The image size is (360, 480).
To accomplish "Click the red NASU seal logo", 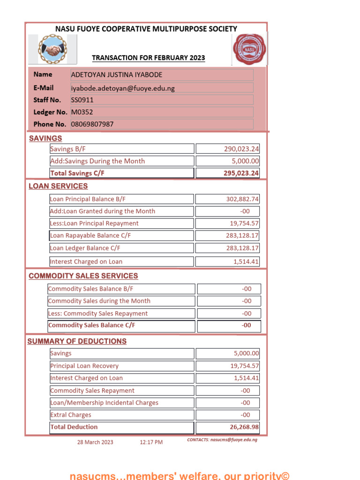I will (249, 49).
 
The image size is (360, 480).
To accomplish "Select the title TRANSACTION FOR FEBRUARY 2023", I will (149, 58).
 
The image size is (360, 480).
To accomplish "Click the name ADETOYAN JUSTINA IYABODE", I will (117, 75).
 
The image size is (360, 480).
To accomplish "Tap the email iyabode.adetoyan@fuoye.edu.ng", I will (123, 88).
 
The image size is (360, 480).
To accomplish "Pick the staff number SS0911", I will (82, 100).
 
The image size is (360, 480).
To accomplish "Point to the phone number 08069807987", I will (92, 124).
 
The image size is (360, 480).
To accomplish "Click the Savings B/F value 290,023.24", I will (241, 149).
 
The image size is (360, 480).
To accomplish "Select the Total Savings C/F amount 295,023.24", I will (241, 173).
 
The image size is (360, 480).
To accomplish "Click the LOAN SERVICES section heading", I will (58, 186).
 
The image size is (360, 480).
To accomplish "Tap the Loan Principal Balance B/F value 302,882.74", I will (242, 199).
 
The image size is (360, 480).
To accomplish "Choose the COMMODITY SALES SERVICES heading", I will (83, 276).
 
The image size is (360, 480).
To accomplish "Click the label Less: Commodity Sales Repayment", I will (97, 313).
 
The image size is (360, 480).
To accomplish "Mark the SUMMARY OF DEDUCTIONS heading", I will (77, 341).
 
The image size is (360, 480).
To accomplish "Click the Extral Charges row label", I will (71, 415).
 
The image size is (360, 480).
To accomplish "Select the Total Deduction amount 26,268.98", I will (241, 427).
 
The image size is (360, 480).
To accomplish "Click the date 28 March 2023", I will (95, 442).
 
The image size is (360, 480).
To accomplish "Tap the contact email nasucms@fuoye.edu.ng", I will (233, 440).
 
